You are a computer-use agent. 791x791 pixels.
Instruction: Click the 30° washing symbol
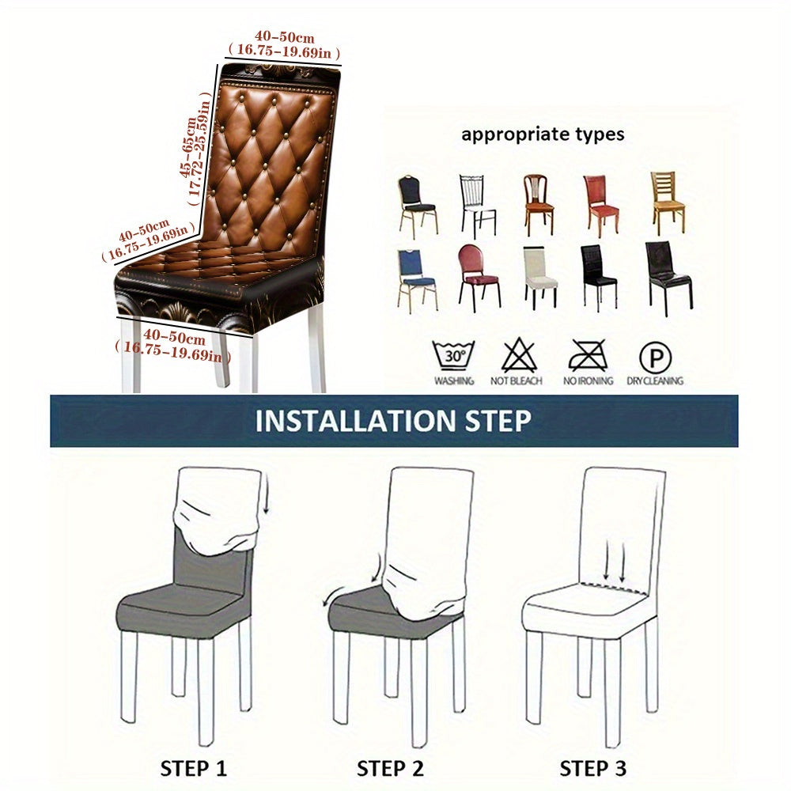pos(453,355)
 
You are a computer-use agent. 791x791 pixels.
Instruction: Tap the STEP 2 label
pos(390,768)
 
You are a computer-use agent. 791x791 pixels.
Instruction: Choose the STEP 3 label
pos(593,768)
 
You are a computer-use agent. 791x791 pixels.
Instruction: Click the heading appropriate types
pos(543,134)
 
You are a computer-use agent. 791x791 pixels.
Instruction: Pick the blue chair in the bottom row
pos(416,278)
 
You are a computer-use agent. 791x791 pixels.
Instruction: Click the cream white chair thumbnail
pos(540,277)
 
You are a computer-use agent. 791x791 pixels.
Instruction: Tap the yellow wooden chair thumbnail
pos(668,202)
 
